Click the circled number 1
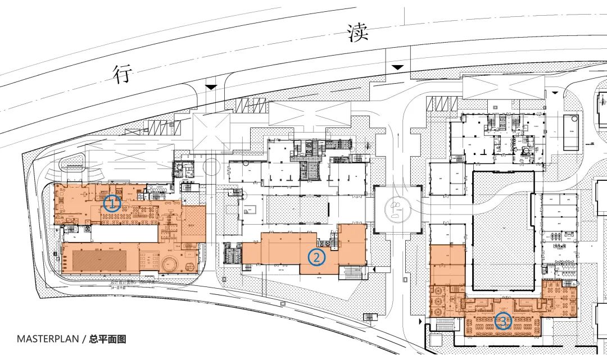tap(112, 203)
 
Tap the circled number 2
tap(317, 257)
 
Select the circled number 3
tap(503, 321)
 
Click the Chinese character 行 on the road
tap(123, 73)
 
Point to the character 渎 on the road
tap(358, 33)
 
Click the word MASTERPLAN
tap(48, 339)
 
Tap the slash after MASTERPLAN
tap(84, 339)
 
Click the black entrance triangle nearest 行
tap(211, 86)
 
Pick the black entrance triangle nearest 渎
tap(397, 67)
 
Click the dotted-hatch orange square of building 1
tap(193, 224)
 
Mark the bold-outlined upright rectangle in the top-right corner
tap(571, 133)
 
